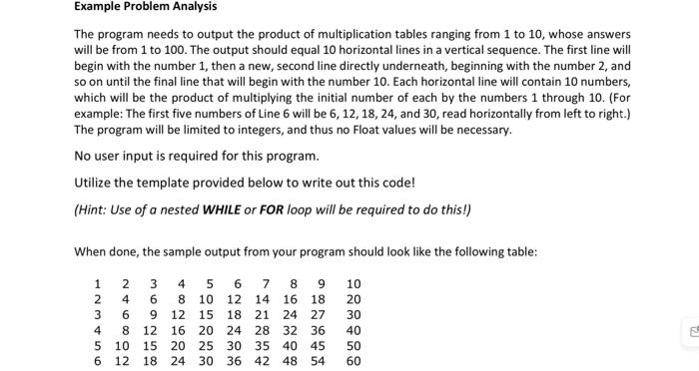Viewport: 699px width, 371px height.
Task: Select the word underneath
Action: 446,63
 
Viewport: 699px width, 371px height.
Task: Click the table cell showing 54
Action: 317,361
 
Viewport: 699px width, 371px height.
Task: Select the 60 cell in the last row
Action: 353,361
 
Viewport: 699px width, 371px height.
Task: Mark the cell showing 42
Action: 262,361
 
